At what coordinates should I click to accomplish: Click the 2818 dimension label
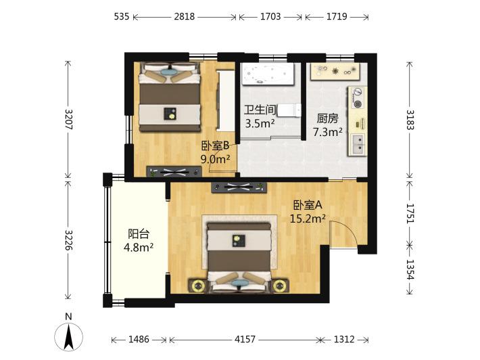coord(185,16)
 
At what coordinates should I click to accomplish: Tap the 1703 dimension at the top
coord(270,16)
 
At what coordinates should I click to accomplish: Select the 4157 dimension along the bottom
coord(245,339)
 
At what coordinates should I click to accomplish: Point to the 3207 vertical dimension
coord(69,120)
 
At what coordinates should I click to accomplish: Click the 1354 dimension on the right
coord(410,269)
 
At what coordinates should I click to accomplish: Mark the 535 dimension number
coord(122,16)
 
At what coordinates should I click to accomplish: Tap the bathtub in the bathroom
coord(267,74)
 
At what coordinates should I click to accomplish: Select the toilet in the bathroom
coord(289,110)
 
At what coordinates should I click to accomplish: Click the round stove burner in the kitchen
coord(358,104)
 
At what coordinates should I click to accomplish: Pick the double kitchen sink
coord(358,145)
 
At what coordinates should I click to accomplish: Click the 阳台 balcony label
coord(139,234)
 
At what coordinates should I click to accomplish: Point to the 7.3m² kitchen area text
coord(327,132)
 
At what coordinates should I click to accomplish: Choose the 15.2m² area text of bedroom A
coord(308,219)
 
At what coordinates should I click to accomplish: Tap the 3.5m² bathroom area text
coord(260,123)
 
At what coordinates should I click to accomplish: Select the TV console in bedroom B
coord(174,172)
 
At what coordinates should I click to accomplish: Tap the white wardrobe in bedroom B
coord(226,101)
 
